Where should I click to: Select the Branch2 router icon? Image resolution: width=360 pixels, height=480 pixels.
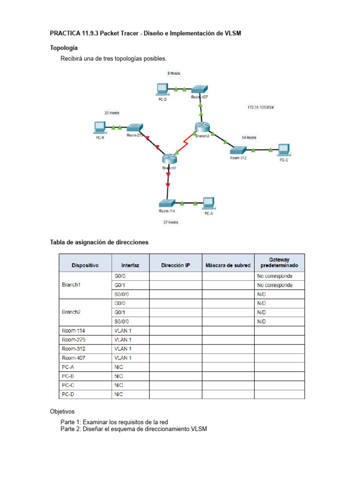(x=202, y=127)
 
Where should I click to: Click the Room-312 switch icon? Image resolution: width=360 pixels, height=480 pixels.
(x=238, y=150)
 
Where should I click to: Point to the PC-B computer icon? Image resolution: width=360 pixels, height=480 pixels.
(x=100, y=127)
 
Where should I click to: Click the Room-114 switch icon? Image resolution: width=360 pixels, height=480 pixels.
(x=167, y=203)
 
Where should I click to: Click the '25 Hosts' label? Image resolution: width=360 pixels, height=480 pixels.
(x=112, y=113)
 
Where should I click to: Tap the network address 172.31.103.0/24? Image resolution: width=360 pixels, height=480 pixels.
(x=261, y=107)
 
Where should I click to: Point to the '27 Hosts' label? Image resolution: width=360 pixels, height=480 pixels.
(x=171, y=222)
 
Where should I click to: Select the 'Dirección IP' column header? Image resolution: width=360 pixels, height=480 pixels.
(x=175, y=265)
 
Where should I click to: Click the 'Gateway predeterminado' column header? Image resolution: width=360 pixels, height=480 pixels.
(x=279, y=262)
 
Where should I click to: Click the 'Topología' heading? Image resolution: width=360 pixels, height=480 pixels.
(x=64, y=48)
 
